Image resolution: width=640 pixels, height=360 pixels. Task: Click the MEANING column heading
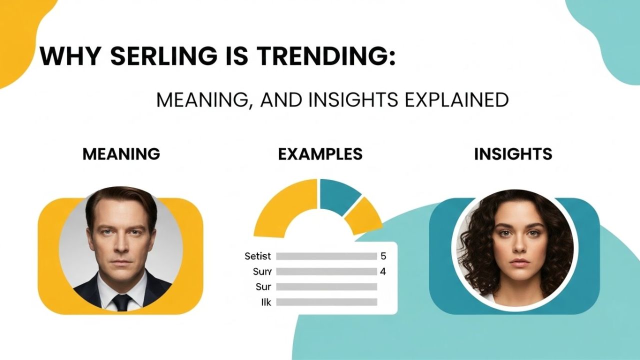click(x=121, y=154)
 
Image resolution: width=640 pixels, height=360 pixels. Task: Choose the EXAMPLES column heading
click(x=320, y=154)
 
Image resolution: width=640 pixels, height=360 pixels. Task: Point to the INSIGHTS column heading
click(x=513, y=154)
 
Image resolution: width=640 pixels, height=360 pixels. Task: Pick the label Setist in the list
click(x=258, y=256)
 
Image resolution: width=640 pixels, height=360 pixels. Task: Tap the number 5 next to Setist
click(x=383, y=256)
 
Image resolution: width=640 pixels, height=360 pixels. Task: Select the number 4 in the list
click(x=383, y=272)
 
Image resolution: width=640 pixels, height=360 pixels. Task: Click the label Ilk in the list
click(x=265, y=302)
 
